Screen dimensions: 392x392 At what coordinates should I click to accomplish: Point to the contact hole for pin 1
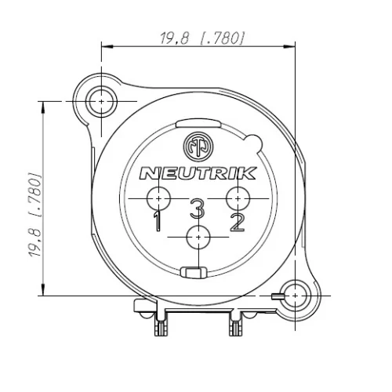[x=160, y=199]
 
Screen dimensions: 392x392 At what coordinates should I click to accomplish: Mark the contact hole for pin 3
[x=199, y=237]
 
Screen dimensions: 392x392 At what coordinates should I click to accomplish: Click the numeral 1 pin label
[x=158, y=223]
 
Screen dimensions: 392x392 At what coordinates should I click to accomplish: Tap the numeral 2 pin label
[x=238, y=223]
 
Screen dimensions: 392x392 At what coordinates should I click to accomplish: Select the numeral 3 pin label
[x=198, y=209]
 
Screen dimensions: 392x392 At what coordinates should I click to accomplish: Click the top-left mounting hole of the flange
[x=101, y=102]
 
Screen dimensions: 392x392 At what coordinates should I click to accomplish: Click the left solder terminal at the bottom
[x=162, y=325]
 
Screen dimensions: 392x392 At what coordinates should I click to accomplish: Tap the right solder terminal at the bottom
[x=234, y=325]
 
